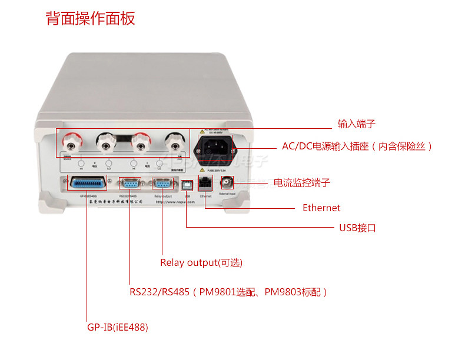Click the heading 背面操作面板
click(90, 18)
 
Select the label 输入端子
click(356, 124)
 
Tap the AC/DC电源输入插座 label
click(357, 146)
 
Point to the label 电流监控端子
click(302, 183)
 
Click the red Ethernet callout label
click(321, 208)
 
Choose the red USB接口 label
click(357, 228)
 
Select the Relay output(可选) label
click(201, 262)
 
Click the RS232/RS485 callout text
click(228, 292)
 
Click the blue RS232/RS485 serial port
click(129, 183)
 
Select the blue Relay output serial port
click(162, 183)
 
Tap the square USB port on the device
click(186, 184)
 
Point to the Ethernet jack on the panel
click(205, 183)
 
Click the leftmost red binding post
click(73, 141)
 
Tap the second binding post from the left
click(107, 141)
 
